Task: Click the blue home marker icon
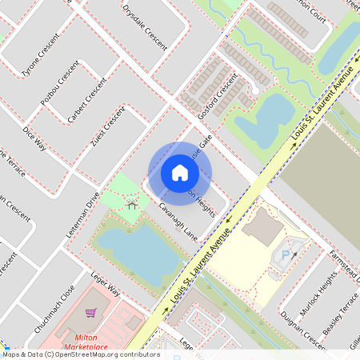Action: pyautogui.click(x=180, y=173)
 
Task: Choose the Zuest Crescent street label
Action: pyautogui.click(x=109, y=127)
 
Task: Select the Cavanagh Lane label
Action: pyautogui.click(x=178, y=221)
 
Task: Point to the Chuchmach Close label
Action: pyautogui.click(x=55, y=309)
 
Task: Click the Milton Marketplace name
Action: pyautogui.click(x=87, y=342)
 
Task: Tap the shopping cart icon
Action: pyautogui.click(x=91, y=313)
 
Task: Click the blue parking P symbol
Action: pyautogui.click(x=286, y=256)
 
